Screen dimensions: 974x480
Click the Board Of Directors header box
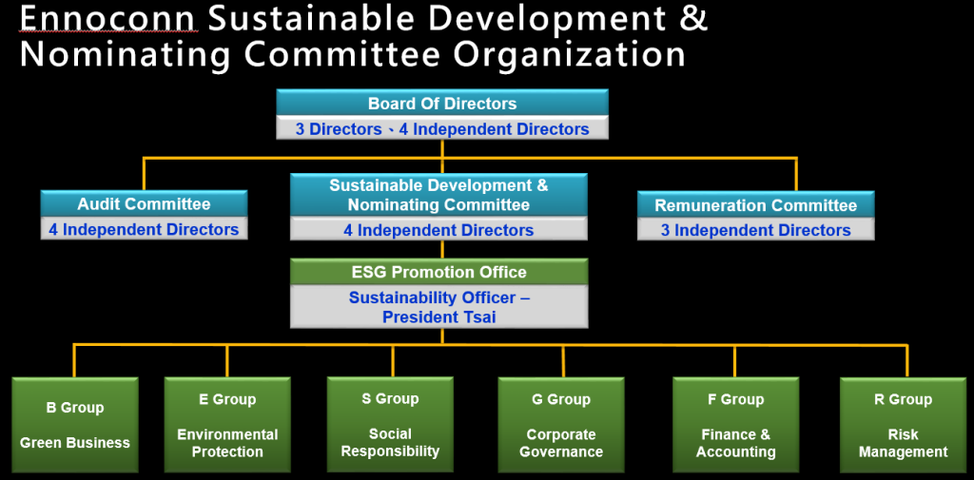click(x=442, y=103)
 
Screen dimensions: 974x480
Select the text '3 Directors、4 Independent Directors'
click(x=442, y=129)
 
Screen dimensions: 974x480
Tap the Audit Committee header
click(x=145, y=203)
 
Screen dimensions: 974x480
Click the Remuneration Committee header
click(x=756, y=205)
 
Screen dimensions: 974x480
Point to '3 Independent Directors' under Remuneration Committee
click(x=756, y=230)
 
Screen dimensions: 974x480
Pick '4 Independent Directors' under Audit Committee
click(x=145, y=230)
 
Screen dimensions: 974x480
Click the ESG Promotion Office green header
click(x=439, y=272)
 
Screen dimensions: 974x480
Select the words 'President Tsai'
click(x=439, y=317)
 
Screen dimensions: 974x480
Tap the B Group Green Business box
click(x=75, y=425)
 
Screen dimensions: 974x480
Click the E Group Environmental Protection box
click(x=227, y=425)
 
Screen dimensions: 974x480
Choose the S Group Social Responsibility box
click(x=390, y=425)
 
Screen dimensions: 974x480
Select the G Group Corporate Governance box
click(x=561, y=425)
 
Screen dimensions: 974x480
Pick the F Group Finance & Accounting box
click(x=736, y=425)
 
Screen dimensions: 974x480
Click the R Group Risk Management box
click(x=904, y=425)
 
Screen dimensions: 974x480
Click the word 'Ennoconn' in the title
click(x=109, y=19)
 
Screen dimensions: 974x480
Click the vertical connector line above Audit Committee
click(x=145, y=174)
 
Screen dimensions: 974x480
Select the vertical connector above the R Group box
click(x=906, y=361)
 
